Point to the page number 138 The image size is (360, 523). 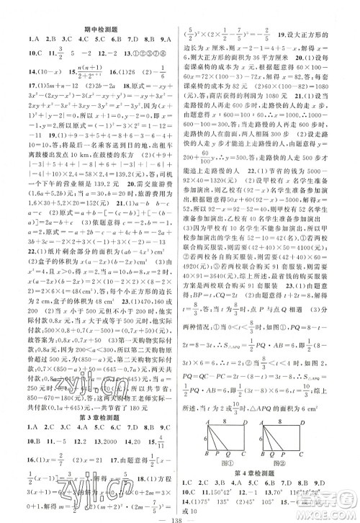pyautogui.click(x=180, y=516)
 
